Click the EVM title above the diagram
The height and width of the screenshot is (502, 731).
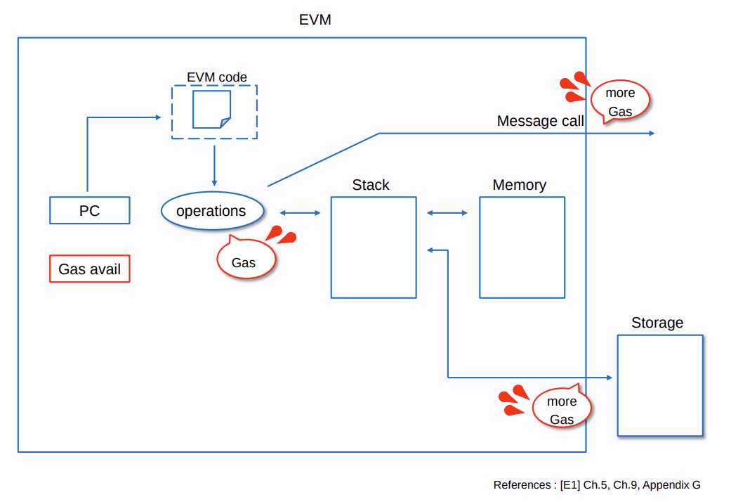pyautogui.click(x=315, y=20)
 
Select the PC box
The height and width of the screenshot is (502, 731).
pyautogui.click(x=90, y=210)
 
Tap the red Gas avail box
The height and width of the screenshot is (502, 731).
pyautogui.click(x=90, y=269)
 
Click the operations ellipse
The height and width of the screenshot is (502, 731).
pyautogui.click(x=212, y=211)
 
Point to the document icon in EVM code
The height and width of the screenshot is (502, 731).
pyautogui.click(x=211, y=110)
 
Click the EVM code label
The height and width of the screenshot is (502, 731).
pyautogui.click(x=216, y=77)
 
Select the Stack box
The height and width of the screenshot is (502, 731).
pyautogui.click(x=374, y=247)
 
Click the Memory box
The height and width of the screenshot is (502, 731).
pyautogui.click(x=522, y=247)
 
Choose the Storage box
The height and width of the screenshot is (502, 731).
pyautogui.click(x=660, y=385)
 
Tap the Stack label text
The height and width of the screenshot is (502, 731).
pyautogui.click(x=371, y=185)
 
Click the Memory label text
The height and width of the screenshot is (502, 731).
pyautogui.click(x=520, y=185)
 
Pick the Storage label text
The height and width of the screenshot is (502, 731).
pyautogui.click(x=657, y=323)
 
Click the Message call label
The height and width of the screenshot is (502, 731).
pyautogui.click(x=540, y=121)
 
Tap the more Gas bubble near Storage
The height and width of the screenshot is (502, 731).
pyautogui.click(x=561, y=410)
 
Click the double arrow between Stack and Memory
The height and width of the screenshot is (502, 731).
pyautogui.click(x=448, y=212)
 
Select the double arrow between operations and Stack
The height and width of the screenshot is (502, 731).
pyautogui.click(x=300, y=212)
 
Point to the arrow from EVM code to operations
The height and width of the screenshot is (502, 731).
pyautogui.click(x=214, y=165)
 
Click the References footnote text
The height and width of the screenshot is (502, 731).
pyautogui.click(x=597, y=485)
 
